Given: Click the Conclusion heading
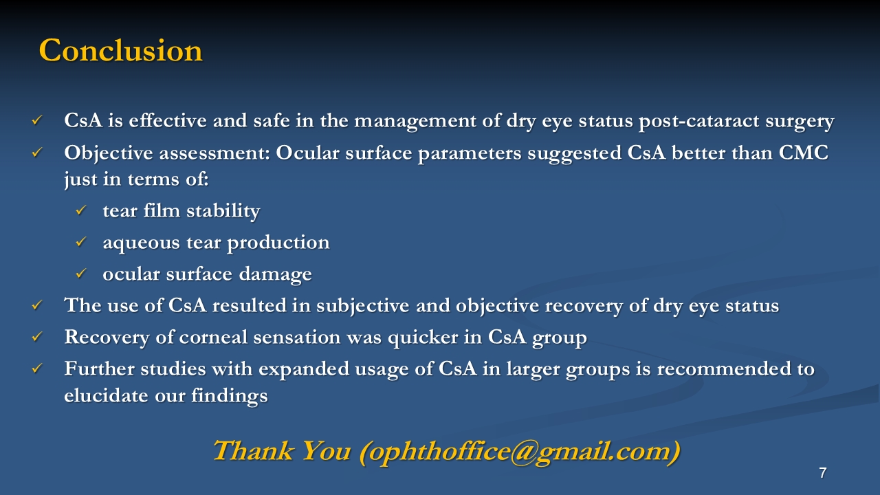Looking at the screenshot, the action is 120,50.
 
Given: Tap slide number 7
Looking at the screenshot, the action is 823,472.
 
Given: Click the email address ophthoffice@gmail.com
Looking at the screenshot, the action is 519,452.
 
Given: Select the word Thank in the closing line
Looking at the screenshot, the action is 253,450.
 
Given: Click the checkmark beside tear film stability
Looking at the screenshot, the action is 80,210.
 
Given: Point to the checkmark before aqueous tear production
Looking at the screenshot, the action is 80,242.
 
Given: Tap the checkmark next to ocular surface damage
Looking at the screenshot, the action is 80,274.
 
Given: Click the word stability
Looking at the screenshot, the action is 223,211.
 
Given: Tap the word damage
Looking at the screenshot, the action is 276,274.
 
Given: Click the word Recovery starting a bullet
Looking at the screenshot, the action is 107,338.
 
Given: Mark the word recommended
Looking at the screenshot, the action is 724,369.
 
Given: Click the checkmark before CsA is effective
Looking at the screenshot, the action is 37,120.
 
